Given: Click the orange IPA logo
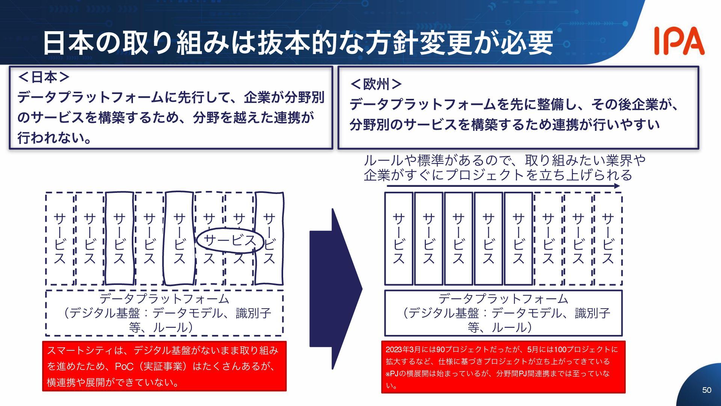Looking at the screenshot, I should [679, 41].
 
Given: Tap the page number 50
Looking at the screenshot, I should [706, 390].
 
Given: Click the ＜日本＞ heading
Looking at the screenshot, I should [44, 77].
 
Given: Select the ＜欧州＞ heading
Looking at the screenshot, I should [376, 84].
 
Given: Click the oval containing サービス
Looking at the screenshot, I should [229, 240].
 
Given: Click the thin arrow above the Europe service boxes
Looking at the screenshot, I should [503, 186].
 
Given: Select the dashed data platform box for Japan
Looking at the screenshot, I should [164, 313].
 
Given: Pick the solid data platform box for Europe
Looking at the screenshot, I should [503, 313].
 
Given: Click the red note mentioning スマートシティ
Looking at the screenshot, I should [164, 366].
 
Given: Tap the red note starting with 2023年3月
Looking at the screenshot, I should [503, 367].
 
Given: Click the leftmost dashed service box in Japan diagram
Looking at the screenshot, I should [60, 239].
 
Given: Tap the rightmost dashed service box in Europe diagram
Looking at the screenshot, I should [608, 239].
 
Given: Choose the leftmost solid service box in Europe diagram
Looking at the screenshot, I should [398, 239].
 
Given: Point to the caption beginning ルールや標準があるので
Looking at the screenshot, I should [504, 168].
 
